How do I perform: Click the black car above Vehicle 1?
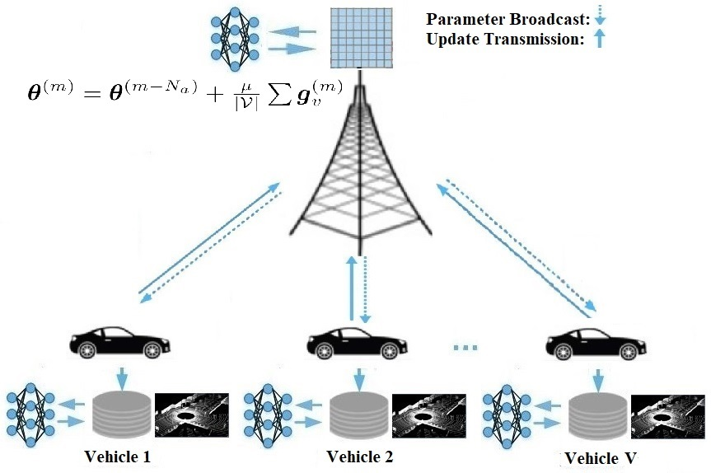[x=117, y=342]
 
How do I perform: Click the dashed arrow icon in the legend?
[x=600, y=16]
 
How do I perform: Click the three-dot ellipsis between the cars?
[x=465, y=349]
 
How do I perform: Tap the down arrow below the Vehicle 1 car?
[x=121, y=379]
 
